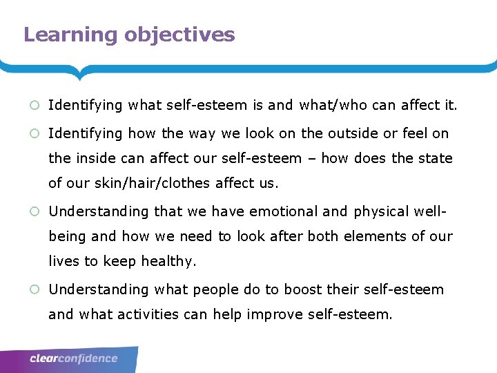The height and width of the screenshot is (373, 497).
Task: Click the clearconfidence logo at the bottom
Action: coord(74,358)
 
